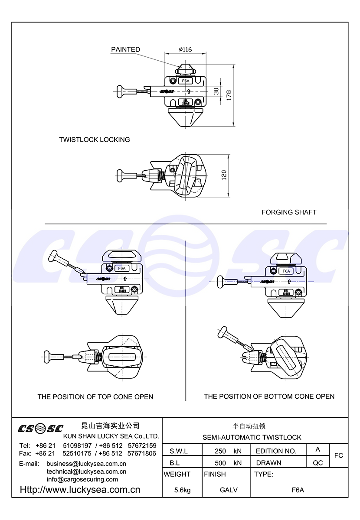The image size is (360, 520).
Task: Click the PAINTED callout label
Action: (125, 49)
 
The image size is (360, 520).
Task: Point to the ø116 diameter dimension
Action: (185, 49)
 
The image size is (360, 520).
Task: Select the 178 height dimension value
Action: (229, 95)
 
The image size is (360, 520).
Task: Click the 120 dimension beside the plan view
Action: (224, 175)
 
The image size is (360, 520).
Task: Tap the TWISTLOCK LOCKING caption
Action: (95, 140)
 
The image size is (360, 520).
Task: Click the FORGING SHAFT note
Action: (289, 212)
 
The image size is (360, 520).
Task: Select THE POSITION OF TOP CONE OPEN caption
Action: (95, 396)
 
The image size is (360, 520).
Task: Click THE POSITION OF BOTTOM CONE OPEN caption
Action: (269, 396)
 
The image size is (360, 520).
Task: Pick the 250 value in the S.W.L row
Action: (220, 451)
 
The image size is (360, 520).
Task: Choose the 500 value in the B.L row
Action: (220, 463)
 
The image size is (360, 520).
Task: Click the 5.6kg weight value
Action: (182, 490)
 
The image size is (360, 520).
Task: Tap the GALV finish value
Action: (229, 490)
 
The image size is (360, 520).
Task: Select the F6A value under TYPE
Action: (298, 490)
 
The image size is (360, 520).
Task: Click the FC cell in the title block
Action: (339, 455)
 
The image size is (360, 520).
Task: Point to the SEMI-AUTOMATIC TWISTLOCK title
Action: (252, 437)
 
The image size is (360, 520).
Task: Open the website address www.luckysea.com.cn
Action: (80, 490)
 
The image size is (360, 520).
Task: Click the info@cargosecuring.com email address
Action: (82, 479)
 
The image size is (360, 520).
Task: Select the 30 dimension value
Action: (216, 91)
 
